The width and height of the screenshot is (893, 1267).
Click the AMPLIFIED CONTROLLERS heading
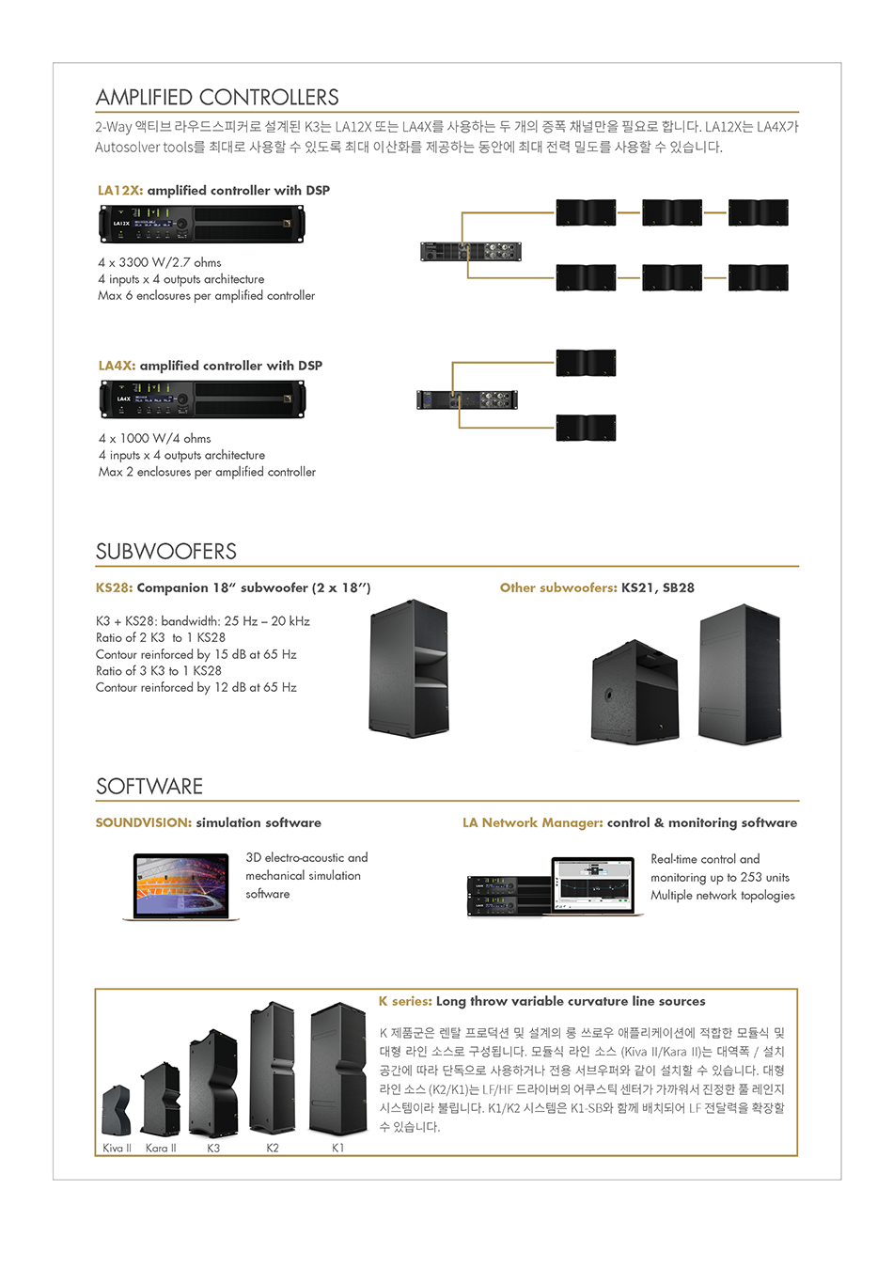[x=217, y=98]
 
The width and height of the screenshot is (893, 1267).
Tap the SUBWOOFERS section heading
[x=166, y=552]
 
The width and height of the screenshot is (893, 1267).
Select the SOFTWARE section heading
[x=149, y=787]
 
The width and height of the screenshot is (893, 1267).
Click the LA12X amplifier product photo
[x=201, y=225]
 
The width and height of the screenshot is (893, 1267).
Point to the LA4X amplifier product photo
[x=202, y=399]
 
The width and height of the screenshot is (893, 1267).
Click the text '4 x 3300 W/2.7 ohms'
[x=160, y=262]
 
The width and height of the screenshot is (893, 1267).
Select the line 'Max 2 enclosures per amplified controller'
[x=207, y=472]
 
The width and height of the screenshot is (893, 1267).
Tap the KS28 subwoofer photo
[x=409, y=668]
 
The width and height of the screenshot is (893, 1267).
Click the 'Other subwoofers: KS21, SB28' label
[x=597, y=588]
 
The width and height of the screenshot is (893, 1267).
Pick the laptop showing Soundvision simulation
[x=181, y=886]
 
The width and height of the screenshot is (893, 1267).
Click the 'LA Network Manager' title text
[x=532, y=823]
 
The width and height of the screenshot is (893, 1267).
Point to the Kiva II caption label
[x=117, y=1148]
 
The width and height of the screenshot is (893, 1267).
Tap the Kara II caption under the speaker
[x=161, y=1148]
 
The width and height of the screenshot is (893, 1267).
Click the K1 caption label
[x=337, y=1148]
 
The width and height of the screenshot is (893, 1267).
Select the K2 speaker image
[x=272, y=1069]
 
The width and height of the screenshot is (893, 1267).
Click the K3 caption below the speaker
[x=213, y=1148]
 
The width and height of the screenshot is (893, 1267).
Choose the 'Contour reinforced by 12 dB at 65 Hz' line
[x=196, y=688]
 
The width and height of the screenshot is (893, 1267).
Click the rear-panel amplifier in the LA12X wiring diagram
[x=470, y=251]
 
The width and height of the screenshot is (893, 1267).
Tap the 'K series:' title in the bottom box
[x=405, y=1002]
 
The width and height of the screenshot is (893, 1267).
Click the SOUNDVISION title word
[x=143, y=823]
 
